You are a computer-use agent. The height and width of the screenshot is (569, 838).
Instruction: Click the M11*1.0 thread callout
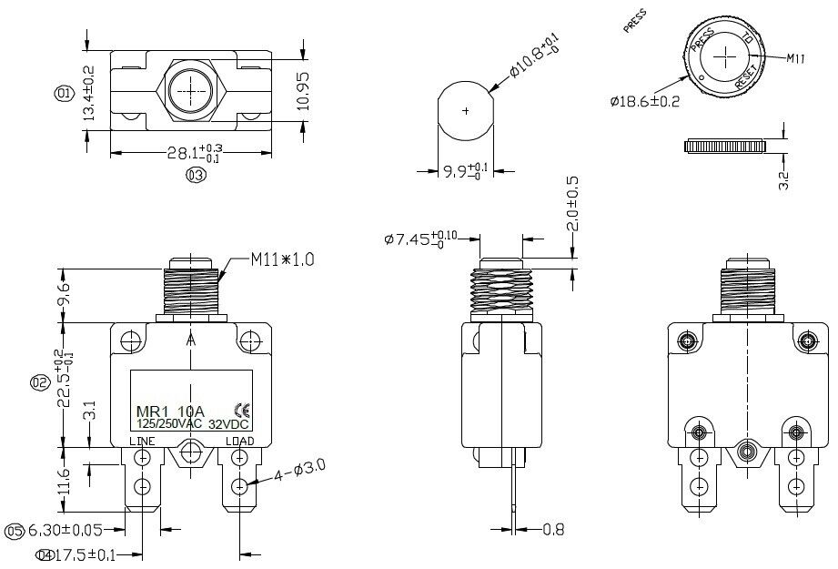click(x=282, y=259)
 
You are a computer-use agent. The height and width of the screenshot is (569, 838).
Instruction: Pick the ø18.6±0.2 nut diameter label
click(x=644, y=101)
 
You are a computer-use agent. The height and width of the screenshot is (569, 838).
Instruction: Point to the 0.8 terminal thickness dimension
click(x=553, y=528)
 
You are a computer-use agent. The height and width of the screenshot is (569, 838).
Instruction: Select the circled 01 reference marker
click(x=64, y=93)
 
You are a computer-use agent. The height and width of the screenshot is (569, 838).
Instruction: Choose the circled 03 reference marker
click(x=194, y=176)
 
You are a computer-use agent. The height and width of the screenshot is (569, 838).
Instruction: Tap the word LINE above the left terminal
click(x=142, y=442)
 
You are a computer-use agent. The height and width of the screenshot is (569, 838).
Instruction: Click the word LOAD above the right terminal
click(x=239, y=442)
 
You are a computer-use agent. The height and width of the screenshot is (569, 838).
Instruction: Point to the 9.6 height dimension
click(x=63, y=294)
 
